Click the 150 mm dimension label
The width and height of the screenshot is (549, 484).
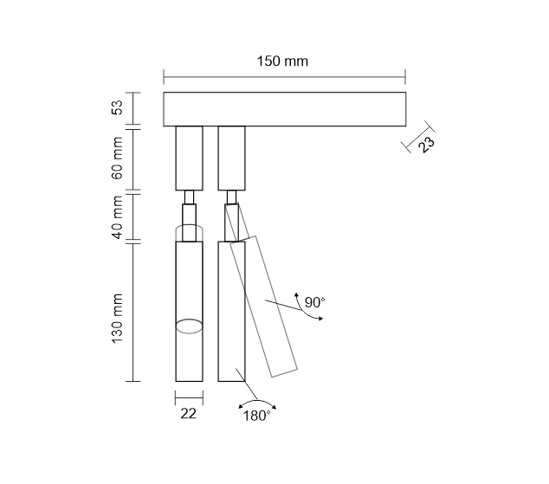282,61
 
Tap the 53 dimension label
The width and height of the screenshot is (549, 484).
118,107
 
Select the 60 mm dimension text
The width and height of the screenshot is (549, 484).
118,158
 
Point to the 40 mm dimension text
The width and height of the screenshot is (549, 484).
118,217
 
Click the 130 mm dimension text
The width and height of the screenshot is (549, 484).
118,319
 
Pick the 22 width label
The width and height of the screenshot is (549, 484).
189,414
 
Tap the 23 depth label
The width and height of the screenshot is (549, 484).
426,144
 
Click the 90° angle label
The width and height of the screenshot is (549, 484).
314,302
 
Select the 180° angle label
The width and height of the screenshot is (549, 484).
256,416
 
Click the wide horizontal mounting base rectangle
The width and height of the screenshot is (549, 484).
285,109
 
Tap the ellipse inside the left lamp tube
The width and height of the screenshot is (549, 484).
189,326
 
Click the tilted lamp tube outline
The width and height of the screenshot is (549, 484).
263,307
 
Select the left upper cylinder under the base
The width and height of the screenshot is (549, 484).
189,158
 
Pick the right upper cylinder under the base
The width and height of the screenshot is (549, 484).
231,158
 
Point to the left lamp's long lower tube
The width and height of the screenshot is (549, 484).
189,311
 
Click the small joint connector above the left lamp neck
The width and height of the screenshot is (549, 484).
189,197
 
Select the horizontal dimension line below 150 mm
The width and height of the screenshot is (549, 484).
284,77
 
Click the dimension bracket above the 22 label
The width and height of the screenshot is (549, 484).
189,398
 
